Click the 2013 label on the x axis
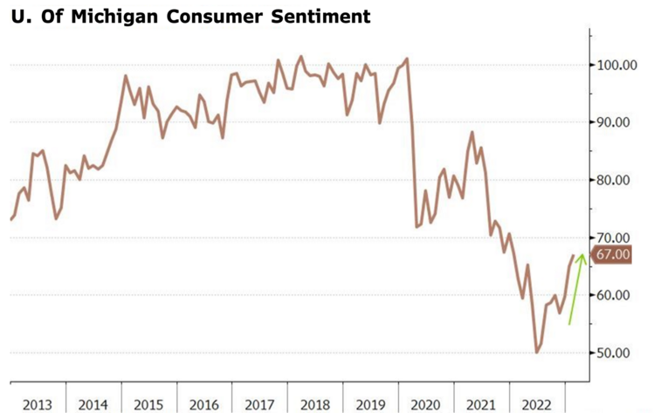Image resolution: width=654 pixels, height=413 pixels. pos(37,404)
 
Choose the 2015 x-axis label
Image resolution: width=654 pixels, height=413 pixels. pos(148,404)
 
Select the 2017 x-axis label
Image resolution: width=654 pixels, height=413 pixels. pos(260,404)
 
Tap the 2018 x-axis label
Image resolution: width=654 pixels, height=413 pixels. pos(316,404)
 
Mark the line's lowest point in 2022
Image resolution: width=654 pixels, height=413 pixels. pos(536,352)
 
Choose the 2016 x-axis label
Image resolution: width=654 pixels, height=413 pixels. pos(204,404)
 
